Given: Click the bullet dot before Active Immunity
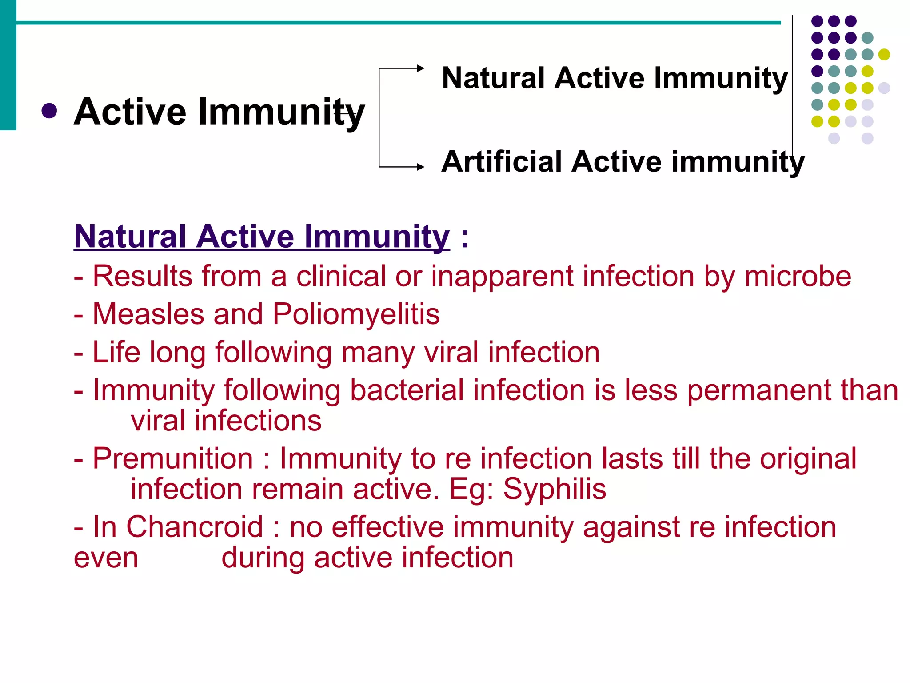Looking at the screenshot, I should click(x=49, y=111).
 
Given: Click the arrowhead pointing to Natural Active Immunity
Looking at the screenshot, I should click(x=420, y=68).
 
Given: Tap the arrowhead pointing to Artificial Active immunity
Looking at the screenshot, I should click(x=420, y=167).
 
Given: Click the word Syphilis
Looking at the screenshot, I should click(x=555, y=489).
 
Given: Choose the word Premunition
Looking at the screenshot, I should click(x=173, y=458).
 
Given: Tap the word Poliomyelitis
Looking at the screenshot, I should click(x=356, y=314).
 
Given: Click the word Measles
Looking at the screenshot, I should click(x=148, y=314).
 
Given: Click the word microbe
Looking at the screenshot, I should click(x=798, y=277).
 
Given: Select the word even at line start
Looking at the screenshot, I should click(x=106, y=558).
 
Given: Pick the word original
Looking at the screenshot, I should click(x=808, y=458).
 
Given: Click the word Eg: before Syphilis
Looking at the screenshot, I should click(x=471, y=489).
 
